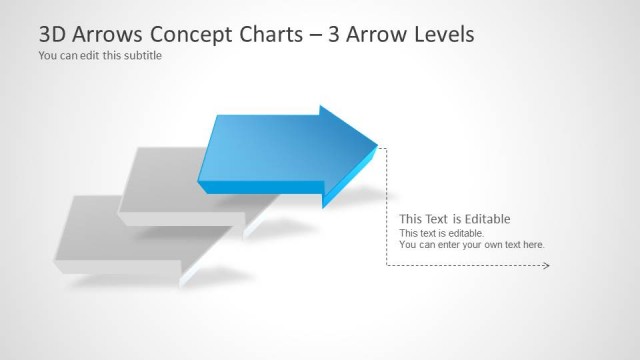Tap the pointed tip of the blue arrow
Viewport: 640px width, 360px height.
(x=377, y=146)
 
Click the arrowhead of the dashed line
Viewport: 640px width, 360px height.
(x=546, y=266)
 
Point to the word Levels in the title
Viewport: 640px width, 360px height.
(x=443, y=34)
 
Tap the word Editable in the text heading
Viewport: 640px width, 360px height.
(x=488, y=219)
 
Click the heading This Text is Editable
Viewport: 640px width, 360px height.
(x=455, y=219)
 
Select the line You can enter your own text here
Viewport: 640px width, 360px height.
(x=472, y=244)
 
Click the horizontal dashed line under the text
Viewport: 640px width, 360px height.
(x=465, y=266)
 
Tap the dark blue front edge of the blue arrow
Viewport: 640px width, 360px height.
(x=260, y=187)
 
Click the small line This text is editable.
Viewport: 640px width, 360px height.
(x=441, y=233)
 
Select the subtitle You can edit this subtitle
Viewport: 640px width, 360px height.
(x=100, y=56)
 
